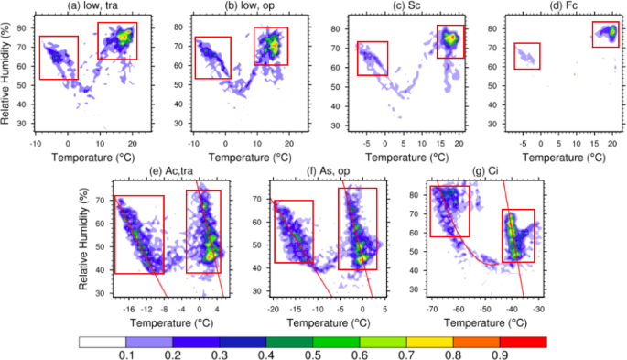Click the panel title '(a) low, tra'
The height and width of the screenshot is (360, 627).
click(84, 7)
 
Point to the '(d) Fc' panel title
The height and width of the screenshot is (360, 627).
click(568, 7)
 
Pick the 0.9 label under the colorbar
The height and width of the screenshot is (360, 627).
click(497, 355)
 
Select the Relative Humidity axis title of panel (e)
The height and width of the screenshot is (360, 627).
click(85, 240)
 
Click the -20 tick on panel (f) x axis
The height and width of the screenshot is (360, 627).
click(274, 309)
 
